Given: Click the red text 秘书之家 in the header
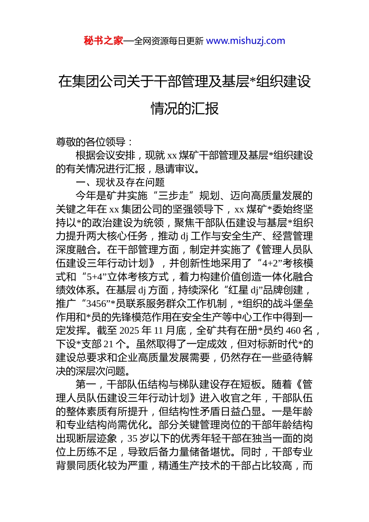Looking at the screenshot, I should click(103, 41).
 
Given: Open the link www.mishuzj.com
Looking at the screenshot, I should click(245, 41).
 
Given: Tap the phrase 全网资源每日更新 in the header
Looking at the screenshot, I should click(169, 41).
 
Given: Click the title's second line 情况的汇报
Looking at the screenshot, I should click(184, 108).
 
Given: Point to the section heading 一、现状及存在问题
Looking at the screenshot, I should click(120, 182).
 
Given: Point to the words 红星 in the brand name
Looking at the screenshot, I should click(239, 290).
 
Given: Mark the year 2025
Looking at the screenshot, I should click(129, 331).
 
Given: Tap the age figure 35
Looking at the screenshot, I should click(132, 438).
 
